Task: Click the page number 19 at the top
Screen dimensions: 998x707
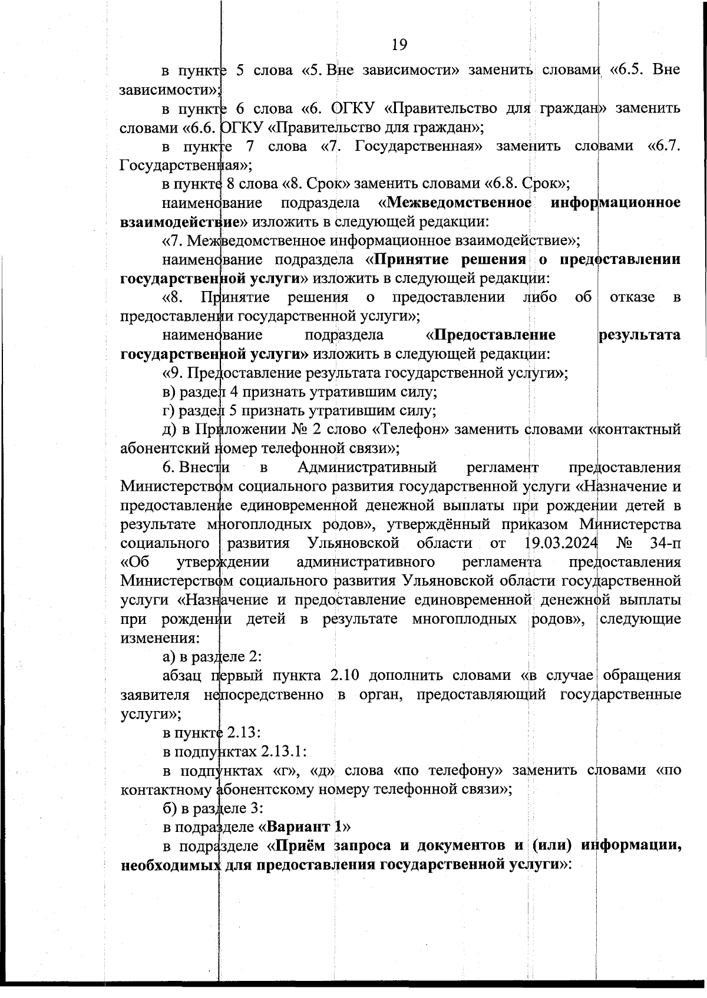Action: [399, 44]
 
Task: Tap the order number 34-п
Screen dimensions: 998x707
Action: [663, 543]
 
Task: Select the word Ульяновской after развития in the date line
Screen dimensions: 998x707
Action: [353, 543]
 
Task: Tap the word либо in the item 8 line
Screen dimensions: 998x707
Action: [540, 297]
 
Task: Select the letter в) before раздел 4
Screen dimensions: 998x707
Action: [169, 391]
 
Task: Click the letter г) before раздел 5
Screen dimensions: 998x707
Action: [169, 410]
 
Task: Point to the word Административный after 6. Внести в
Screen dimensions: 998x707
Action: [367, 467]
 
